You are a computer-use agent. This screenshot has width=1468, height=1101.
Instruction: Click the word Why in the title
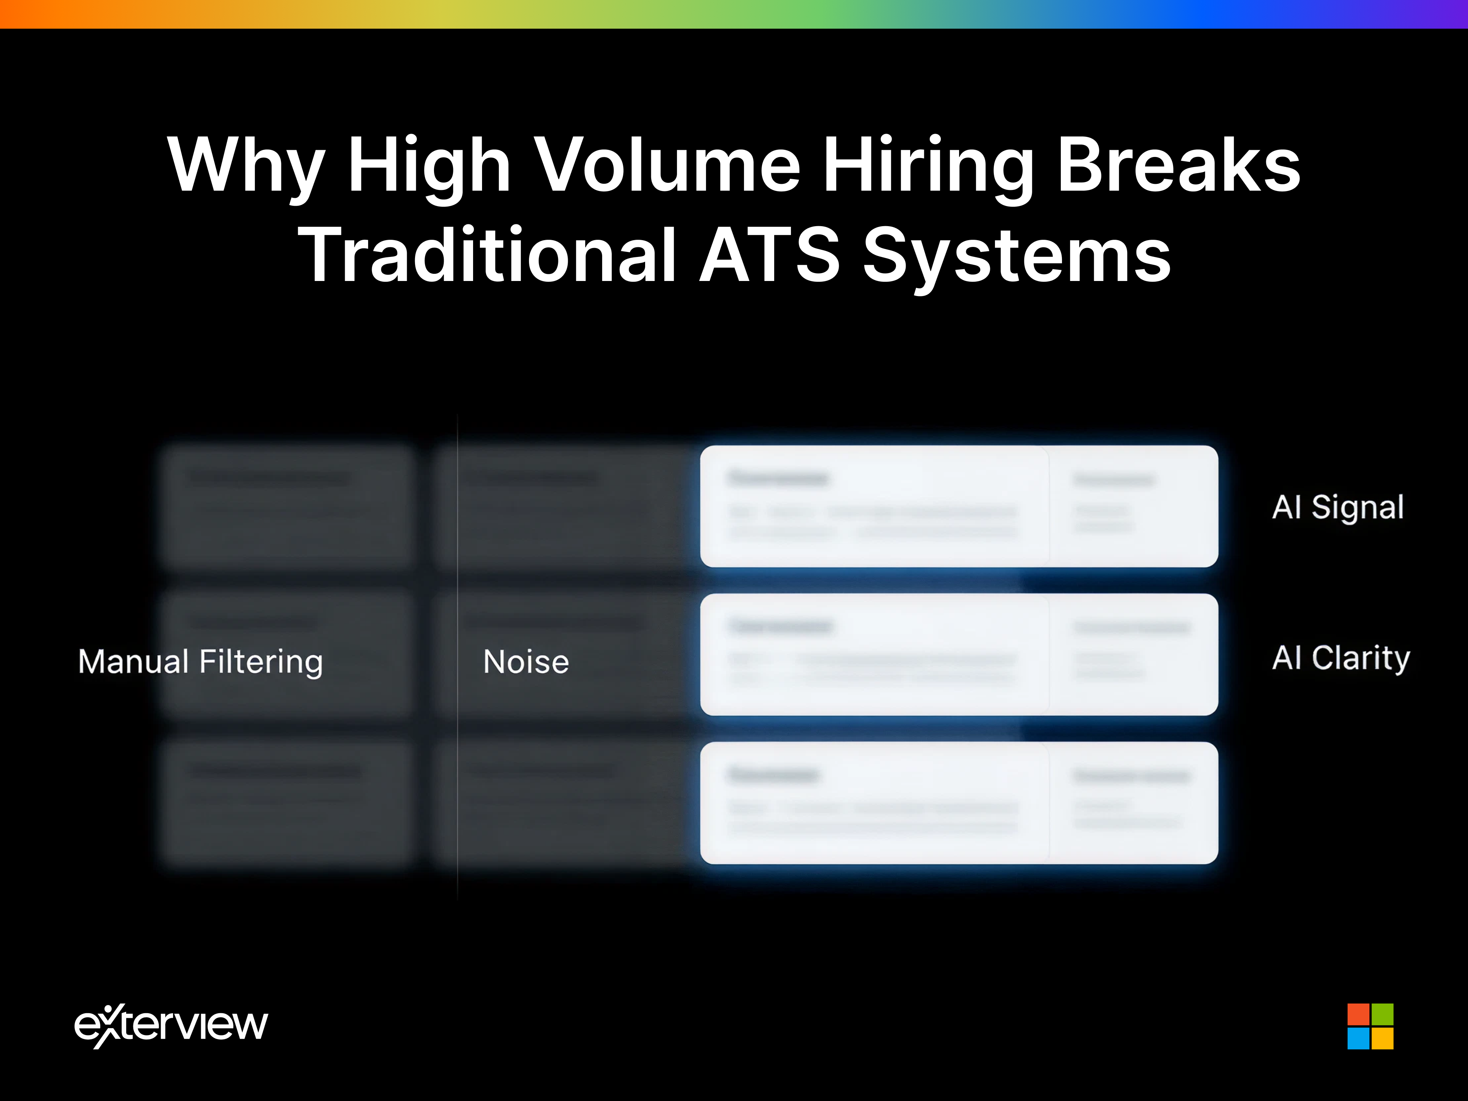coord(246,166)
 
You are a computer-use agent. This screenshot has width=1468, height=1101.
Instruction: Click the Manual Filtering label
coord(200,662)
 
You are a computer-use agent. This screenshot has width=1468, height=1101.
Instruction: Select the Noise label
coord(526,662)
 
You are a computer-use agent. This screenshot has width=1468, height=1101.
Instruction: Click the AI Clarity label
coord(1340,658)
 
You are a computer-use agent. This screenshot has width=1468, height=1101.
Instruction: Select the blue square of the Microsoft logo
coord(1358,1038)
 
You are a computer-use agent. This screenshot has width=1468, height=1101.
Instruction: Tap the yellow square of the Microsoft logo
coord(1382,1038)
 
